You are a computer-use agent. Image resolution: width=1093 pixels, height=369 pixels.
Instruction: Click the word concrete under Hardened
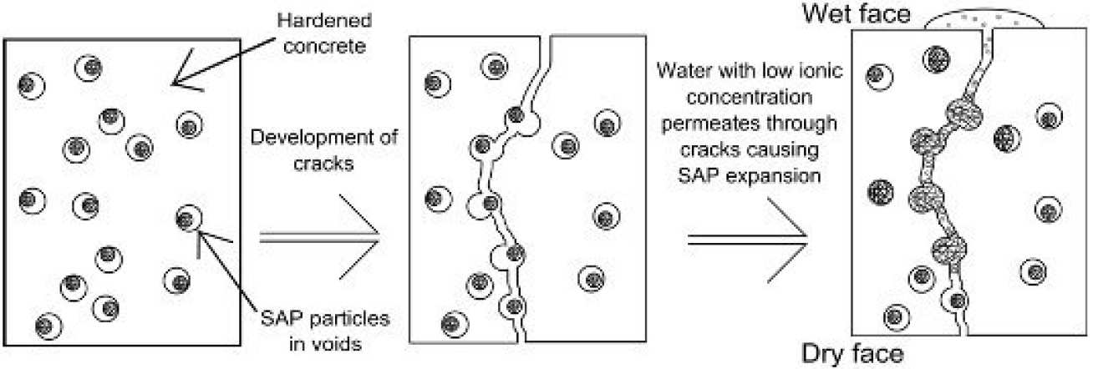[x=333, y=47]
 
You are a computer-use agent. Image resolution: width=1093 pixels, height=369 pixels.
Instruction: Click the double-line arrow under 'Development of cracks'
[x=322, y=239]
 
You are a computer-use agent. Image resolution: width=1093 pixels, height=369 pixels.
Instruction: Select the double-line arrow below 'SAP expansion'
[x=746, y=239]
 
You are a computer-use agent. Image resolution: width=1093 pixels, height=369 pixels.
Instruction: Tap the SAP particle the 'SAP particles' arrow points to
[x=187, y=219]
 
